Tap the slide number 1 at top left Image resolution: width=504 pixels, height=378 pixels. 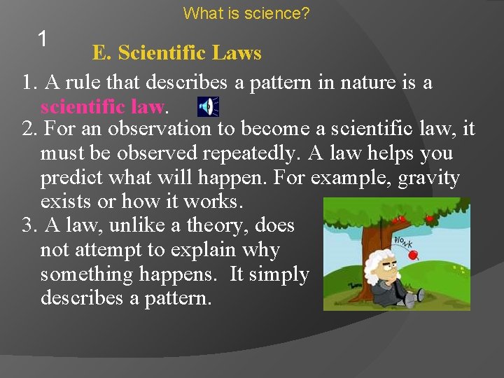43,39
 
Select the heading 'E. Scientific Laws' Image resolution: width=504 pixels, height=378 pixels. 176,52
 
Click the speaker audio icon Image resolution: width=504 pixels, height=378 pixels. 207,106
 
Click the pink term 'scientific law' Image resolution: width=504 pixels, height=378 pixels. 102,106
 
